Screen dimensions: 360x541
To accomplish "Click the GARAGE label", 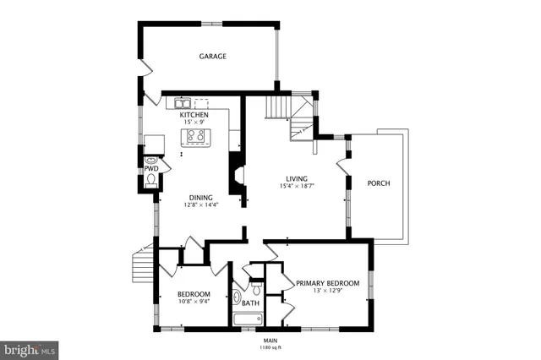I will click(212, 57).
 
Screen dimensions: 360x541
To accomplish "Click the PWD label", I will click(150, 168).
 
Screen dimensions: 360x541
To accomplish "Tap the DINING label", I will click(200, 198).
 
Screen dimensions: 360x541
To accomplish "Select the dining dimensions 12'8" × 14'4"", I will click(200, 205).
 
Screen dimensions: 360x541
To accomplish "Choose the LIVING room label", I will click(296, 178).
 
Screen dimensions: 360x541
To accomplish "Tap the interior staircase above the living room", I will click(278, 108).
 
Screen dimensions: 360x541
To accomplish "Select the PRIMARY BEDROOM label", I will click(327, 283).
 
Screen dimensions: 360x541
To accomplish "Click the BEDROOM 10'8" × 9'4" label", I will click(194, 297).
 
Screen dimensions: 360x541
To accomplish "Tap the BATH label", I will click(251, 303).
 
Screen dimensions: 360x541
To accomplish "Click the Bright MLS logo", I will click(30, 347).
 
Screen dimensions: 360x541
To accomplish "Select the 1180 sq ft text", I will click(270, 347).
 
